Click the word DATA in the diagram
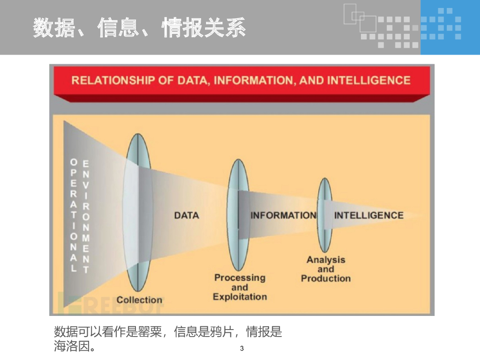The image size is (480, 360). coord(187,215)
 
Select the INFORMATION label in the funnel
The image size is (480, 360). coord(283,215)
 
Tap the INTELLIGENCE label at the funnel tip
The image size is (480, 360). coord(368,215)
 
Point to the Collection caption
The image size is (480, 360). coord(139,300)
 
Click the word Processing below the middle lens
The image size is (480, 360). coord(240,277)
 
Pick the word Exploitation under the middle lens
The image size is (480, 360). coord(240,297)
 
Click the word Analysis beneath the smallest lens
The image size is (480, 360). coord(326,260)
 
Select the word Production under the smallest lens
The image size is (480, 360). coord(326,278)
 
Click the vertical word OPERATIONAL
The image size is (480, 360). coord(74,215)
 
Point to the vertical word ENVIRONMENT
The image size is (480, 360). coord(86,215)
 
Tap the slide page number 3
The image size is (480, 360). coord(242,348)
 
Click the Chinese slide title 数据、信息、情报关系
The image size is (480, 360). coord(139,28)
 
